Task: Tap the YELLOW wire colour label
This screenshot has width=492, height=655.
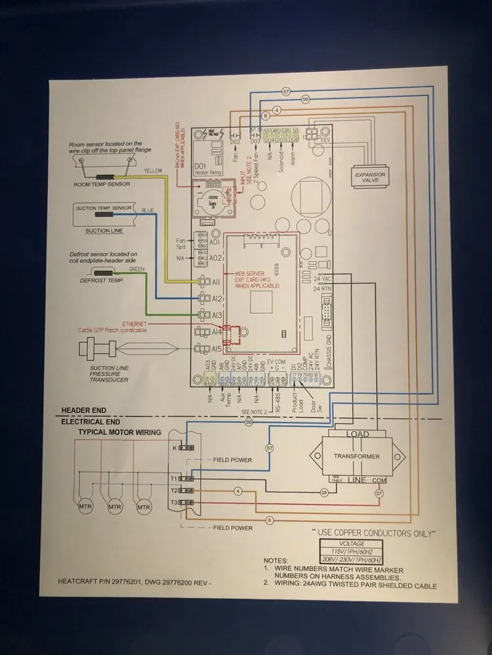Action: click(x=152, y=171)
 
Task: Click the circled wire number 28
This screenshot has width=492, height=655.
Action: click(x=323, y=491)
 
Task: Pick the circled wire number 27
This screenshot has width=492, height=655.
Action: click(x=379, y=493)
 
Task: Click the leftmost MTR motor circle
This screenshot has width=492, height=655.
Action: click(x=84, y=507)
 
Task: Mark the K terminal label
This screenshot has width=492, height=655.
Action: click(x=174, y=448)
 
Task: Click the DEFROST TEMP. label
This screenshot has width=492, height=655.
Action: click(x=101, y=280)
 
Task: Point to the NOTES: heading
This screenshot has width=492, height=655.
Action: click(x=276, y=561)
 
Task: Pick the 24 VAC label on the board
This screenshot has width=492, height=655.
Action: click(x=323, y=279)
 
